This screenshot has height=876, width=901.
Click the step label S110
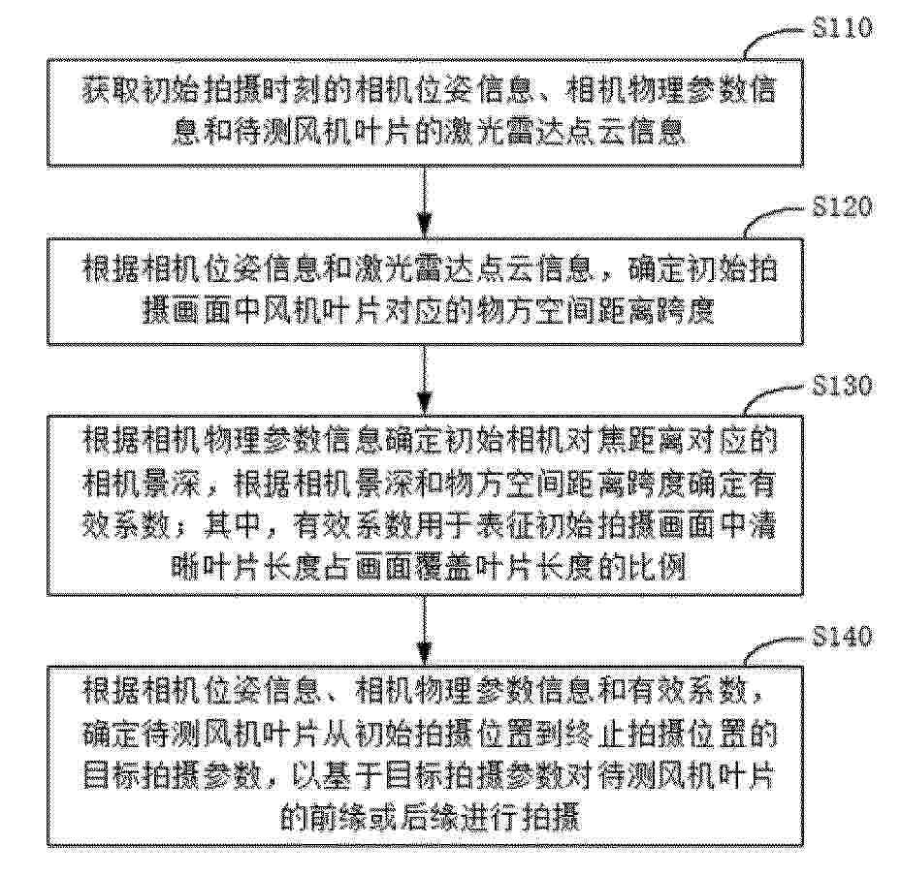[842, 27]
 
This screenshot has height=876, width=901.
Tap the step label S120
[842, 206]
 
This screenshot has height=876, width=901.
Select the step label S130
[842, 386]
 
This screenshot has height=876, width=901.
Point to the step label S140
[842, 637]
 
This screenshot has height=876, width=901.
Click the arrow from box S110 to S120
[424, 203]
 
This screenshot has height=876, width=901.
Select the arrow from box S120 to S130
[424, 381]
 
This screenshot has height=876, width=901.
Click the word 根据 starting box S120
[107, 269]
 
